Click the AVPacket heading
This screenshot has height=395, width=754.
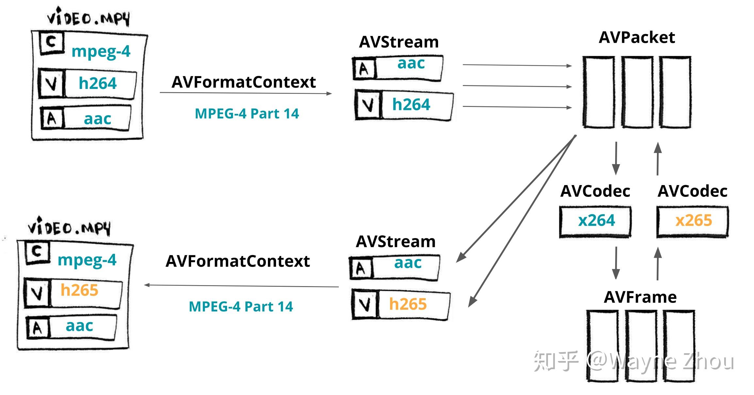(x=636, y=38)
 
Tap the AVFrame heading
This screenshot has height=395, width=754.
(x=640, y=297)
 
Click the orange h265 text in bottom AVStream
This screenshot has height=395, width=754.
(x=408, y=304)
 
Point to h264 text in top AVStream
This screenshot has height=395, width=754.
(x=411, y=105)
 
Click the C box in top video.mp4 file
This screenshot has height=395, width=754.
(x=51, y=42)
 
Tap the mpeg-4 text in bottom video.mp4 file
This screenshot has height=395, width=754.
(x=87, y=260)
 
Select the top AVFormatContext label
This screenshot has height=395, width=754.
(x=243, y=82)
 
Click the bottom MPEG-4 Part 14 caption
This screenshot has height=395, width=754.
(x=241, y=307)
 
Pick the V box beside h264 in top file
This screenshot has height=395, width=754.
(x=51, y=83)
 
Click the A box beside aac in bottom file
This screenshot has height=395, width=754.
(x=37, y=328)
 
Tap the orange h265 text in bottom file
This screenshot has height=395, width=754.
(x=79, y=290)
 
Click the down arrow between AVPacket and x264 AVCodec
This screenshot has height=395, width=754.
(x=616, y=158)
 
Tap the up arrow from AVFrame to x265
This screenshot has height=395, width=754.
(x=658, y=263)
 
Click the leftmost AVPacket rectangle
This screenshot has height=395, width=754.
(x=598, y=92)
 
